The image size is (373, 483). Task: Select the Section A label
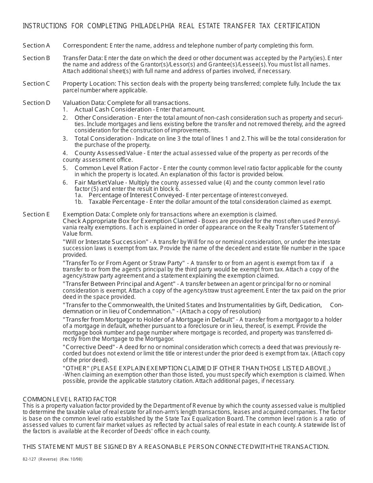tap(37, 45)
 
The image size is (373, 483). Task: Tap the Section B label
tap(37, 58)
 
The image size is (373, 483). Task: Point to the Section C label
tap(37, 84)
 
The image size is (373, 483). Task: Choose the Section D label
tap(37, 103)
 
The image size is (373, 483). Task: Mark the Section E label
tap(37, 214)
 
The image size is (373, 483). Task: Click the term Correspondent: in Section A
tap(85, 45)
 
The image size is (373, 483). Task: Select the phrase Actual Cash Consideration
tap(113, 110)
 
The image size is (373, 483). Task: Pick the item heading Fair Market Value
tap(99, 183)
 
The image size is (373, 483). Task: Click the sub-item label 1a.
tap(79, 195)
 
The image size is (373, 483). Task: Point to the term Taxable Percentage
tap(117, 202)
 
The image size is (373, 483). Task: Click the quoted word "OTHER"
tap(77, 368)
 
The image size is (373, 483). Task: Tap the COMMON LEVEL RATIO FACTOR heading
tap(69, 399)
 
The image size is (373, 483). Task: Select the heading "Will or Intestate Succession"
tap(105, 242)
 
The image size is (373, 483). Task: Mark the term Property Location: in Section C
tap(89, 84)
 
